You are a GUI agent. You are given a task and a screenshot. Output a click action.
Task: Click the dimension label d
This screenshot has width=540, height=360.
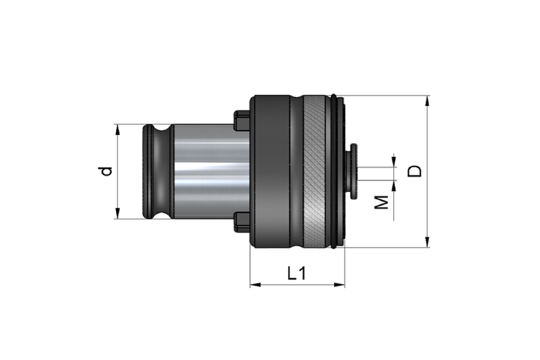108,172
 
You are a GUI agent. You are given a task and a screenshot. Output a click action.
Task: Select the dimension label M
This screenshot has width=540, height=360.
382,202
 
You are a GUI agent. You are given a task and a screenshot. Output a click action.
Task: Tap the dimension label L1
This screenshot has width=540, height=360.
296,274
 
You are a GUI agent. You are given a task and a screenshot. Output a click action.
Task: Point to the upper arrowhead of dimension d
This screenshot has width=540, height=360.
117,130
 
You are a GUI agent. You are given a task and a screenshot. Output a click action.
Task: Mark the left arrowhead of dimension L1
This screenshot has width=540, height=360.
255,284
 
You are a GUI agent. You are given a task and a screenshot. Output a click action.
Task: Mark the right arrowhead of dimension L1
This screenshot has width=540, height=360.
339,284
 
